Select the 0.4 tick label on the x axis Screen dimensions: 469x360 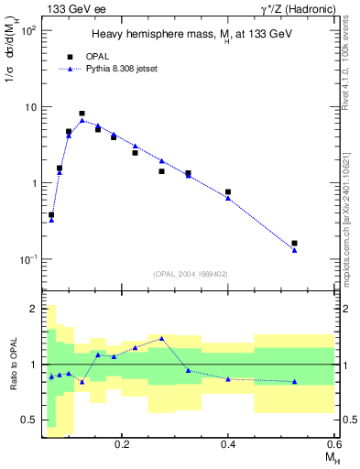(228, 443)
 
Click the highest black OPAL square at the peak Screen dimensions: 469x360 (82, 114)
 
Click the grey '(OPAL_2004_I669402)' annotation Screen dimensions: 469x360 (191, 272)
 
